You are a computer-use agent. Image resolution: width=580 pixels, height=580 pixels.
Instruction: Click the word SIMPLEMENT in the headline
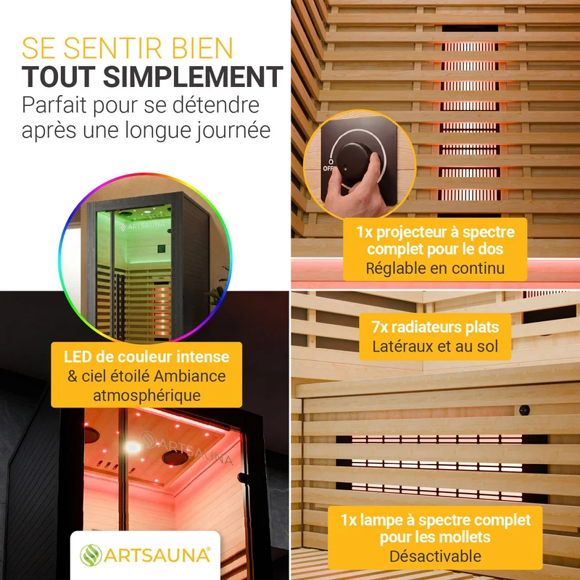(193, 77)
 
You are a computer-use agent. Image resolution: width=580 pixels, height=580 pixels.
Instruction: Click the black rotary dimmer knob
(355, 161)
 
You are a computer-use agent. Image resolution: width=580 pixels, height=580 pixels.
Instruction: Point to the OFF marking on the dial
(328, 168)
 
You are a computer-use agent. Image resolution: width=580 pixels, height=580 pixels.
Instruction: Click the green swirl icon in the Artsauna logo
(91, 555)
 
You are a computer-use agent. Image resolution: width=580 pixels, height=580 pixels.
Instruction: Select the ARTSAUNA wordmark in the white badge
(157, 555)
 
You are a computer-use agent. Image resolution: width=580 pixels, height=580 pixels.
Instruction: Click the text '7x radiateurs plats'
(435, 327)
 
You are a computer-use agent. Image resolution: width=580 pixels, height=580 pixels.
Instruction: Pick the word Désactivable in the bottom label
(435, 556)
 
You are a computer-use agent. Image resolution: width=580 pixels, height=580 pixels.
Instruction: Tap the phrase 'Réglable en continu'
(435, 268)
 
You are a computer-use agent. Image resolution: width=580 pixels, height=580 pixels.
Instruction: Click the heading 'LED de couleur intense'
(146, 357)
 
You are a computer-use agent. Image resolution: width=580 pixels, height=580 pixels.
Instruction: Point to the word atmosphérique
(146, 395)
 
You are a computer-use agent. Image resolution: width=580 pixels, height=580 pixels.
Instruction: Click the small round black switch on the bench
(524, 410)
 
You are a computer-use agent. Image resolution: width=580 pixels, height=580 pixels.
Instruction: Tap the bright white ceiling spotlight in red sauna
(132, 447)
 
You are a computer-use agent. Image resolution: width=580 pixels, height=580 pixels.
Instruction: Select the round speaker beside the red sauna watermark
(175, 458)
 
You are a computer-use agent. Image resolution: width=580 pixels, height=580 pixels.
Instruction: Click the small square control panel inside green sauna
(161, 249)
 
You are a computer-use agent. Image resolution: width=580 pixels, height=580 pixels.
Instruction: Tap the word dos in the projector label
(491, 249)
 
